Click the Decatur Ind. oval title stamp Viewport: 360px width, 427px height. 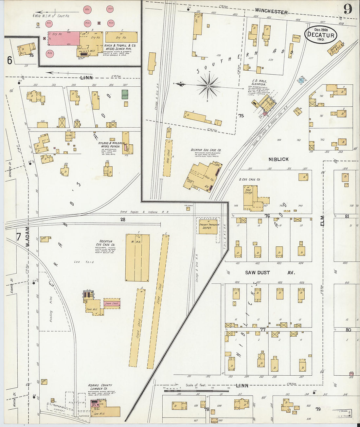pos(321,34)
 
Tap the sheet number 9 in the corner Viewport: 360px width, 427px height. pos(348,9)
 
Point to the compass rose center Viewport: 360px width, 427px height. pos(208,86)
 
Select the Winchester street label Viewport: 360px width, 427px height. pos(271,12)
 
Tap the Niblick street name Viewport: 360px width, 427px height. pos(279,159)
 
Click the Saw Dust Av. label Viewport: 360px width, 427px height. pos(270,273)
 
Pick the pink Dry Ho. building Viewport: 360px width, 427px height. pos(63,39)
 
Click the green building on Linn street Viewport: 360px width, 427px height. pos(125,95)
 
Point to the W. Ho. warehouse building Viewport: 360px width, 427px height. pos(137,257)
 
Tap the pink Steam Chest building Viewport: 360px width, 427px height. pos(112,303)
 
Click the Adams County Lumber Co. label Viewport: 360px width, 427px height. pos(100,387)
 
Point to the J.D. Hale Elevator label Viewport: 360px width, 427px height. pos(259,82)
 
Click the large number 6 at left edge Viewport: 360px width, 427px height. pos(9,60)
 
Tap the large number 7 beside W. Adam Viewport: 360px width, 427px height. pos(18,236)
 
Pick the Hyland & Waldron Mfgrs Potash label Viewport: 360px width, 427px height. pos(111,145)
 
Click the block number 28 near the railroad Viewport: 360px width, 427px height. pos(122,220)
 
